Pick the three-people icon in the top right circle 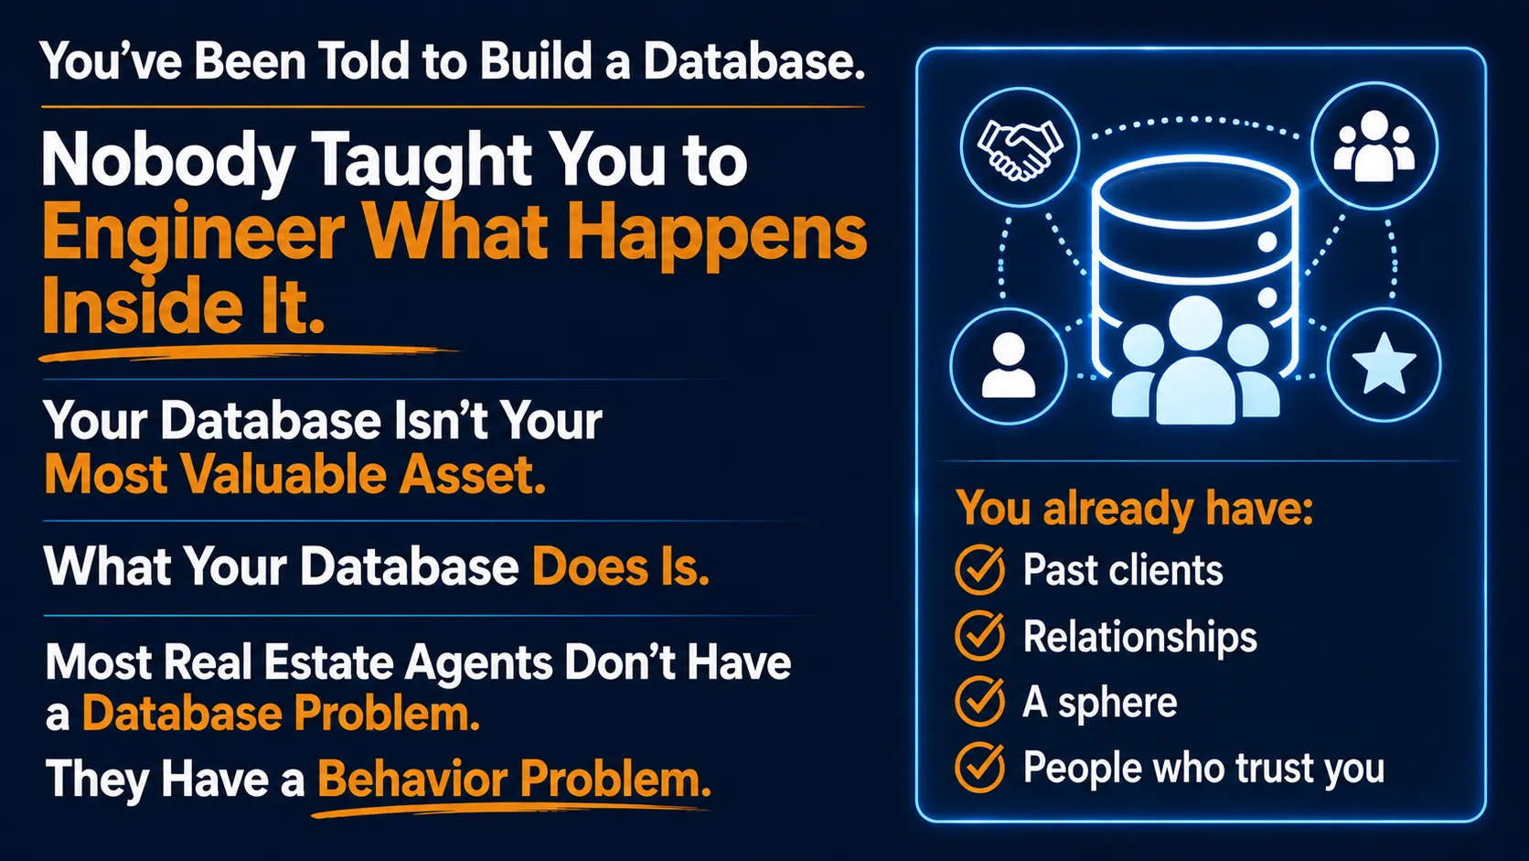click(1374, 146)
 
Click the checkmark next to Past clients click(980, 569)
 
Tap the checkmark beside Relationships click(980, 635)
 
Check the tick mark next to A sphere click(980, 701)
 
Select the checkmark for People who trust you click(980, 767)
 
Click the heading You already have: click(1134, 509)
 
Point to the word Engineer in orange click(193, 233)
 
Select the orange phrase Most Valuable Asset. click(294, 475)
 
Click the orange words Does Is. click(621, 566)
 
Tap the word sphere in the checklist click(1117, 704)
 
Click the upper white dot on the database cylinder click(1267, 242)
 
